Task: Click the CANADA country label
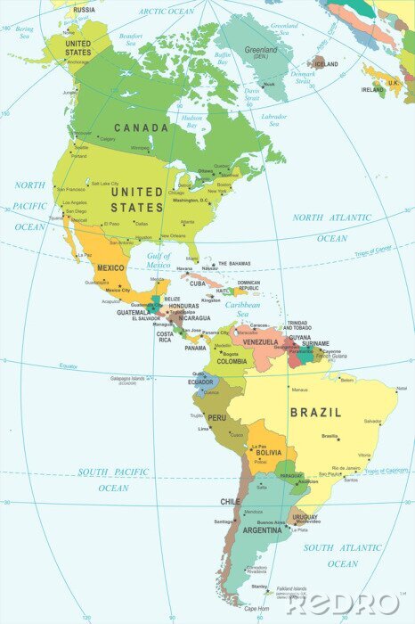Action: click(x=141, y=127)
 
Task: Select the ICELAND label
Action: click(x=327, y=64)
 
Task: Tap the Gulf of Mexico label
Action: click(x=158, y=260)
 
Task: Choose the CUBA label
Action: click(x=198, y=283)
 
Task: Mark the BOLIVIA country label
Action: click(x=269, y=453)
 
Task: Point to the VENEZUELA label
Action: click(x=261, y=342)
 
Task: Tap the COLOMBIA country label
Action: click(x=232, y=361)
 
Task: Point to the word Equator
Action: click(x=69, y=365)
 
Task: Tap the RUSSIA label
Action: click(x=84, y=10)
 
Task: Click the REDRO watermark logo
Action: click(x=342, y=603)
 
